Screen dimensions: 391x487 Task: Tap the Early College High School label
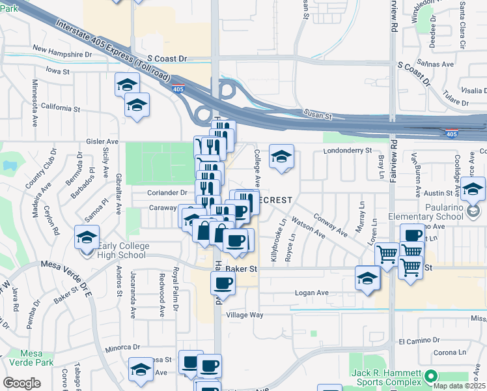coord(124,250)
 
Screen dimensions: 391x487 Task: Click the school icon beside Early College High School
coord(87,237)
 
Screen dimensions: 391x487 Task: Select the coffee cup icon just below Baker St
coord(223,283)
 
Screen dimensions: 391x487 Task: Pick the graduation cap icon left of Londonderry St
coord(281,156)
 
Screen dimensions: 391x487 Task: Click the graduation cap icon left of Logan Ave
coord(368,278)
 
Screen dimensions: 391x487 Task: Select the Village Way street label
coord(244,315)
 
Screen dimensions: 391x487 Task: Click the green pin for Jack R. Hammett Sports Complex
coord(430,376)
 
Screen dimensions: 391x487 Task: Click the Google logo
coord(21,383)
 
